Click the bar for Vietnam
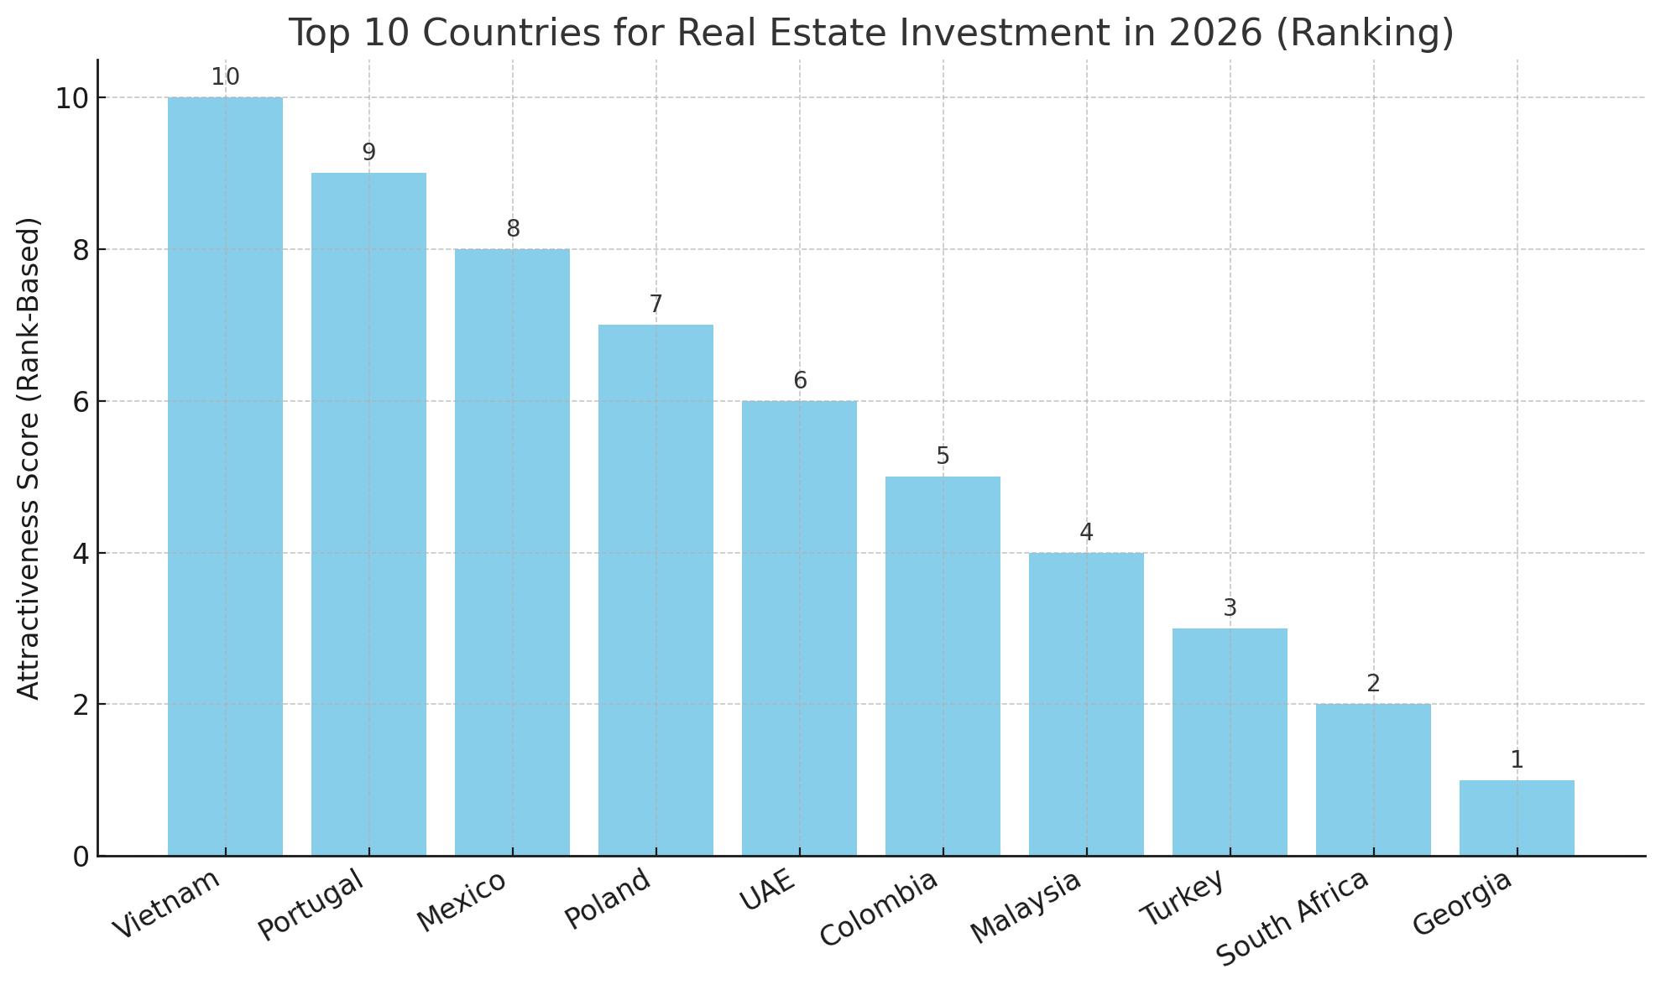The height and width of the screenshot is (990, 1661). (x=225, y=477)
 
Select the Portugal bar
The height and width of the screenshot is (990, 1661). (x=368, y=514)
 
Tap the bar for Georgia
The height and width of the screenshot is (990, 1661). (x=1517, y=818)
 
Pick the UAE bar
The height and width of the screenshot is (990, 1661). (x=799, y=628)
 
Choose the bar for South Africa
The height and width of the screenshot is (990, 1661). (x=1373, y=780)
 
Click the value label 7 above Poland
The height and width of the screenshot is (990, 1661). (x=656, y=305)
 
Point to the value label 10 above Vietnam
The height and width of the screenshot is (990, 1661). (x=225, y=78)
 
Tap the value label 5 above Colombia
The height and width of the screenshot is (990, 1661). (x=943, y=457)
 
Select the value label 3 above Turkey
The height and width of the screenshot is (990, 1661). (x=1230, y=608)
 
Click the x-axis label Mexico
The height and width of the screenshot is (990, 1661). (x=463, y=901)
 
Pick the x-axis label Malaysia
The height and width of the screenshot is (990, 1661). (x=1026, y=908)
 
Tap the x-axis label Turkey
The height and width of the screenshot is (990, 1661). (x=1184, y=898)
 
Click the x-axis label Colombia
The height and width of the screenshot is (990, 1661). (x=878, y=909)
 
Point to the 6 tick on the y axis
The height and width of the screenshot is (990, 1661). (x=81, y=402)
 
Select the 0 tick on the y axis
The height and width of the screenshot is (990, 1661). (x=81, y=857)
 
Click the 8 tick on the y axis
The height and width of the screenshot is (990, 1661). (x=81, y=250)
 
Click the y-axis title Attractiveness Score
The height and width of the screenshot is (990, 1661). (x=29, y=458)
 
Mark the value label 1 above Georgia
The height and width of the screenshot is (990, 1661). (x=1517, y=761)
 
